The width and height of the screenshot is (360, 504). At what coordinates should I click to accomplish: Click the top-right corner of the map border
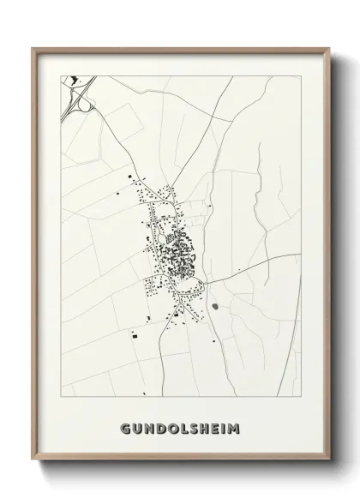point(300,75)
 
